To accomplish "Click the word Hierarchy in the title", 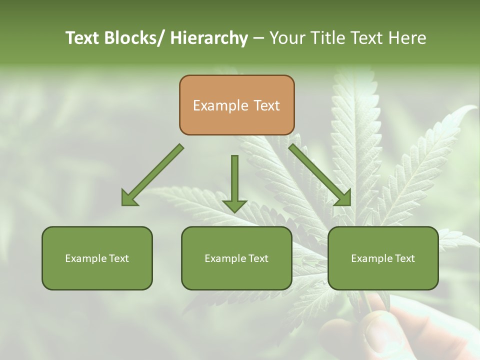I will point(209,38).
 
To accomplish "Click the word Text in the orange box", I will point(266,105).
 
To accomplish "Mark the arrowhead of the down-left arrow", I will point(129,198).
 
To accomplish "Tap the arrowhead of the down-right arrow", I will point(343,198).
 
